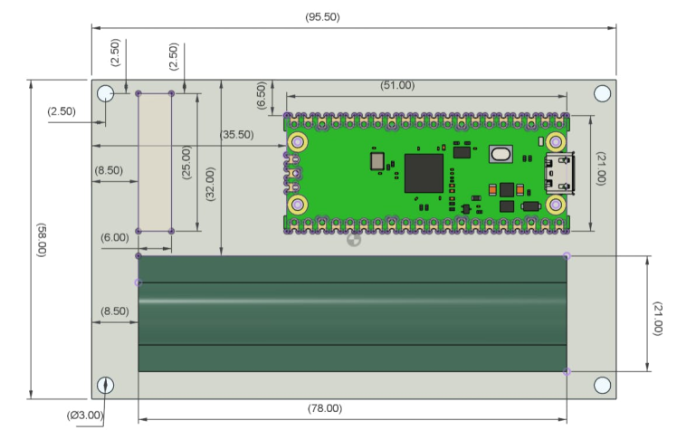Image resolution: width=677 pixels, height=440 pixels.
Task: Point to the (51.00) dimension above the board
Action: point(396,85)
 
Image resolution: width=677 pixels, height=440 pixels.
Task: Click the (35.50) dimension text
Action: point(237,134)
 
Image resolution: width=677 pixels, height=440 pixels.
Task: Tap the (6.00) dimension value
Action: point(114,236)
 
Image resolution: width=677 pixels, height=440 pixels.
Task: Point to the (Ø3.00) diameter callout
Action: point(85,416)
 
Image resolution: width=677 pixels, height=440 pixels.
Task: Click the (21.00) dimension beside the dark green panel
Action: point(658,313)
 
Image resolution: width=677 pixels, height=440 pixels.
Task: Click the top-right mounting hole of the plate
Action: point(602,93)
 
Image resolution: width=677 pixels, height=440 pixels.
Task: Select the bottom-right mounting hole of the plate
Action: point(602,385)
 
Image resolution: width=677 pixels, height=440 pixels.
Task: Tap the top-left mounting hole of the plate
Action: point(106,93)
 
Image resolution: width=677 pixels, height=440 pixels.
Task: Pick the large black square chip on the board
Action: point(424,173)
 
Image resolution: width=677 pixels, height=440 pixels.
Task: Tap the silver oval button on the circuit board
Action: point(501,155)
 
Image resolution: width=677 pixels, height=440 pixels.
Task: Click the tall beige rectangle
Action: point(155,162)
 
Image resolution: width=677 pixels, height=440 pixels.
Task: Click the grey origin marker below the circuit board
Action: point(354,240)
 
